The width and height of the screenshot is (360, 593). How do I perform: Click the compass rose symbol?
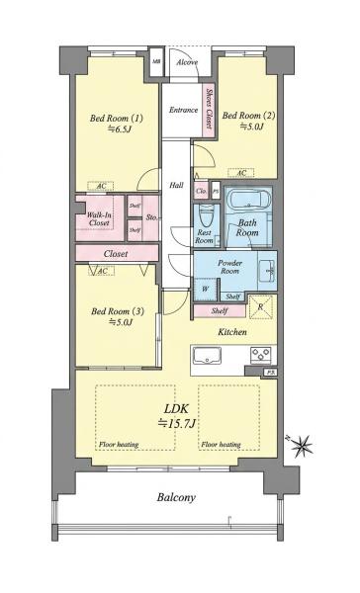click(x=301, y=445)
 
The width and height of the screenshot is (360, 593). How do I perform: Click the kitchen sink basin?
click(x=207, y=356)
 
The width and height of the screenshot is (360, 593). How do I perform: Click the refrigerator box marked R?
click(x=260, y=306)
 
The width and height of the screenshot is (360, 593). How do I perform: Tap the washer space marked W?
click(x=206, y=290)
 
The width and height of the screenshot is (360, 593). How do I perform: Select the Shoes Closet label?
click(x=209, y=109)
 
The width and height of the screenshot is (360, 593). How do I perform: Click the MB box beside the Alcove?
click(x=156, y=61)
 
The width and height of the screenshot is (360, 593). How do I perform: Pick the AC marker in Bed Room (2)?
click(x=241, y=173)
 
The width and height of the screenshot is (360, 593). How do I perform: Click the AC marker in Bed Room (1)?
click(x=101, y=186)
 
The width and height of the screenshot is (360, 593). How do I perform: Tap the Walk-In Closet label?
click(x=99, y=219)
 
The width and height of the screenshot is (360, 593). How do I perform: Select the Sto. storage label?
click(x=151, y=217)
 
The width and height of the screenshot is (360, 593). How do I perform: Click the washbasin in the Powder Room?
click(x=268, y=271)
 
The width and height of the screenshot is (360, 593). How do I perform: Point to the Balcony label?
click(x=176, y=497)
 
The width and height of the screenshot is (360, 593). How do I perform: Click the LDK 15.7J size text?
click(x=176, y=417)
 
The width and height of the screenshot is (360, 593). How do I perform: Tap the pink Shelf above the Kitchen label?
click(x=220, y=311)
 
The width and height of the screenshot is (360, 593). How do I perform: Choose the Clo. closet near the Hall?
click(x=201, y=192)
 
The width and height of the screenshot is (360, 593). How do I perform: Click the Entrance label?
click(x=184, y=110)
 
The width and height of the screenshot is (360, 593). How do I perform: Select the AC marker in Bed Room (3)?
click(x=101, y=271)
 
